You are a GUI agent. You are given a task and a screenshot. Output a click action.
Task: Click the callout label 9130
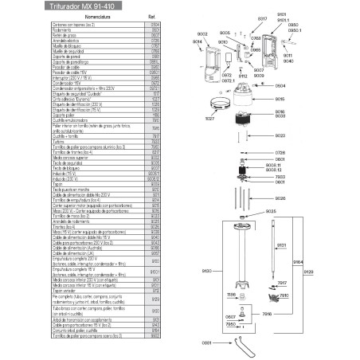coord(209,271)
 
